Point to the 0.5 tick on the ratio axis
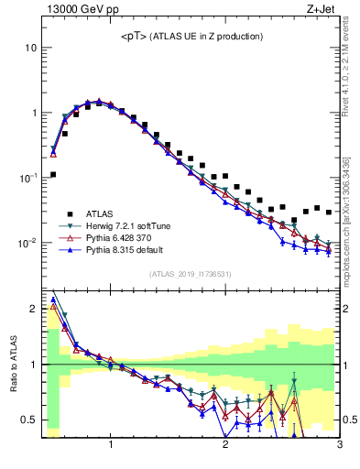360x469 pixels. coord(27,420)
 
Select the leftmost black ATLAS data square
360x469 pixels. coord(53,174)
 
